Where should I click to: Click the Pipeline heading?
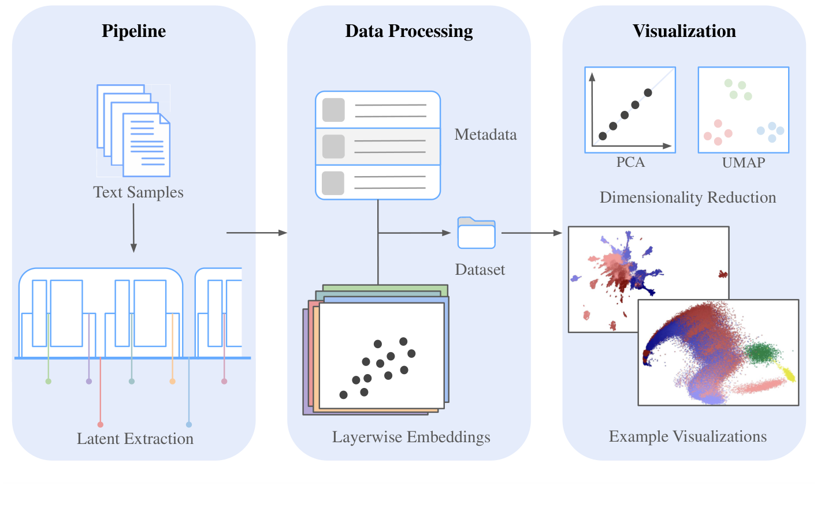click(133, 31)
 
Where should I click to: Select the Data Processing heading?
click(408, 31)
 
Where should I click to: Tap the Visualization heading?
click(684, 31)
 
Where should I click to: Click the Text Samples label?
click(138, 192)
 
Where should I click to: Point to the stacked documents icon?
click(133, 131)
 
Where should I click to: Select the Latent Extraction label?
click(135, 439)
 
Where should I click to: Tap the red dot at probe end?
click(101, 424)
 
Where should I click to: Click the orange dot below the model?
click(172, 381)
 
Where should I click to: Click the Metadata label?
click(485, 135)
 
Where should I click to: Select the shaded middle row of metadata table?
click(378, 147)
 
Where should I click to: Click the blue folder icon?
click(476, 233)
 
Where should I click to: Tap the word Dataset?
click(480, 270)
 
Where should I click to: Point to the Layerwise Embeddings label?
click(411, 437)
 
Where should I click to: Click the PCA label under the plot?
click(630, 162)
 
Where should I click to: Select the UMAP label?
click(743, 163)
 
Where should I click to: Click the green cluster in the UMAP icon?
click(738, 89)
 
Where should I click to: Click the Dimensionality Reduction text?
click(688, 197)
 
